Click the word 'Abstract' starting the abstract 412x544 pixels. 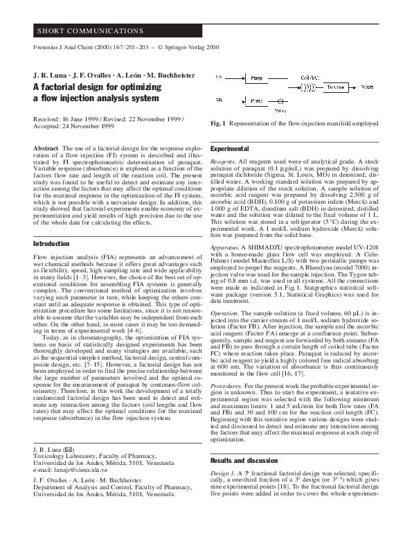coord(46,148)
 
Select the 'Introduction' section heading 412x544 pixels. coord(53,244)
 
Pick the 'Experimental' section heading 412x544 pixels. coord(229,149)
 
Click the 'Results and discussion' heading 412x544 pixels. coord(243,461)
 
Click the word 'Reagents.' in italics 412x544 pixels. coord(224,161)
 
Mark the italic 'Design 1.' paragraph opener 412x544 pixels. coord(224,476)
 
